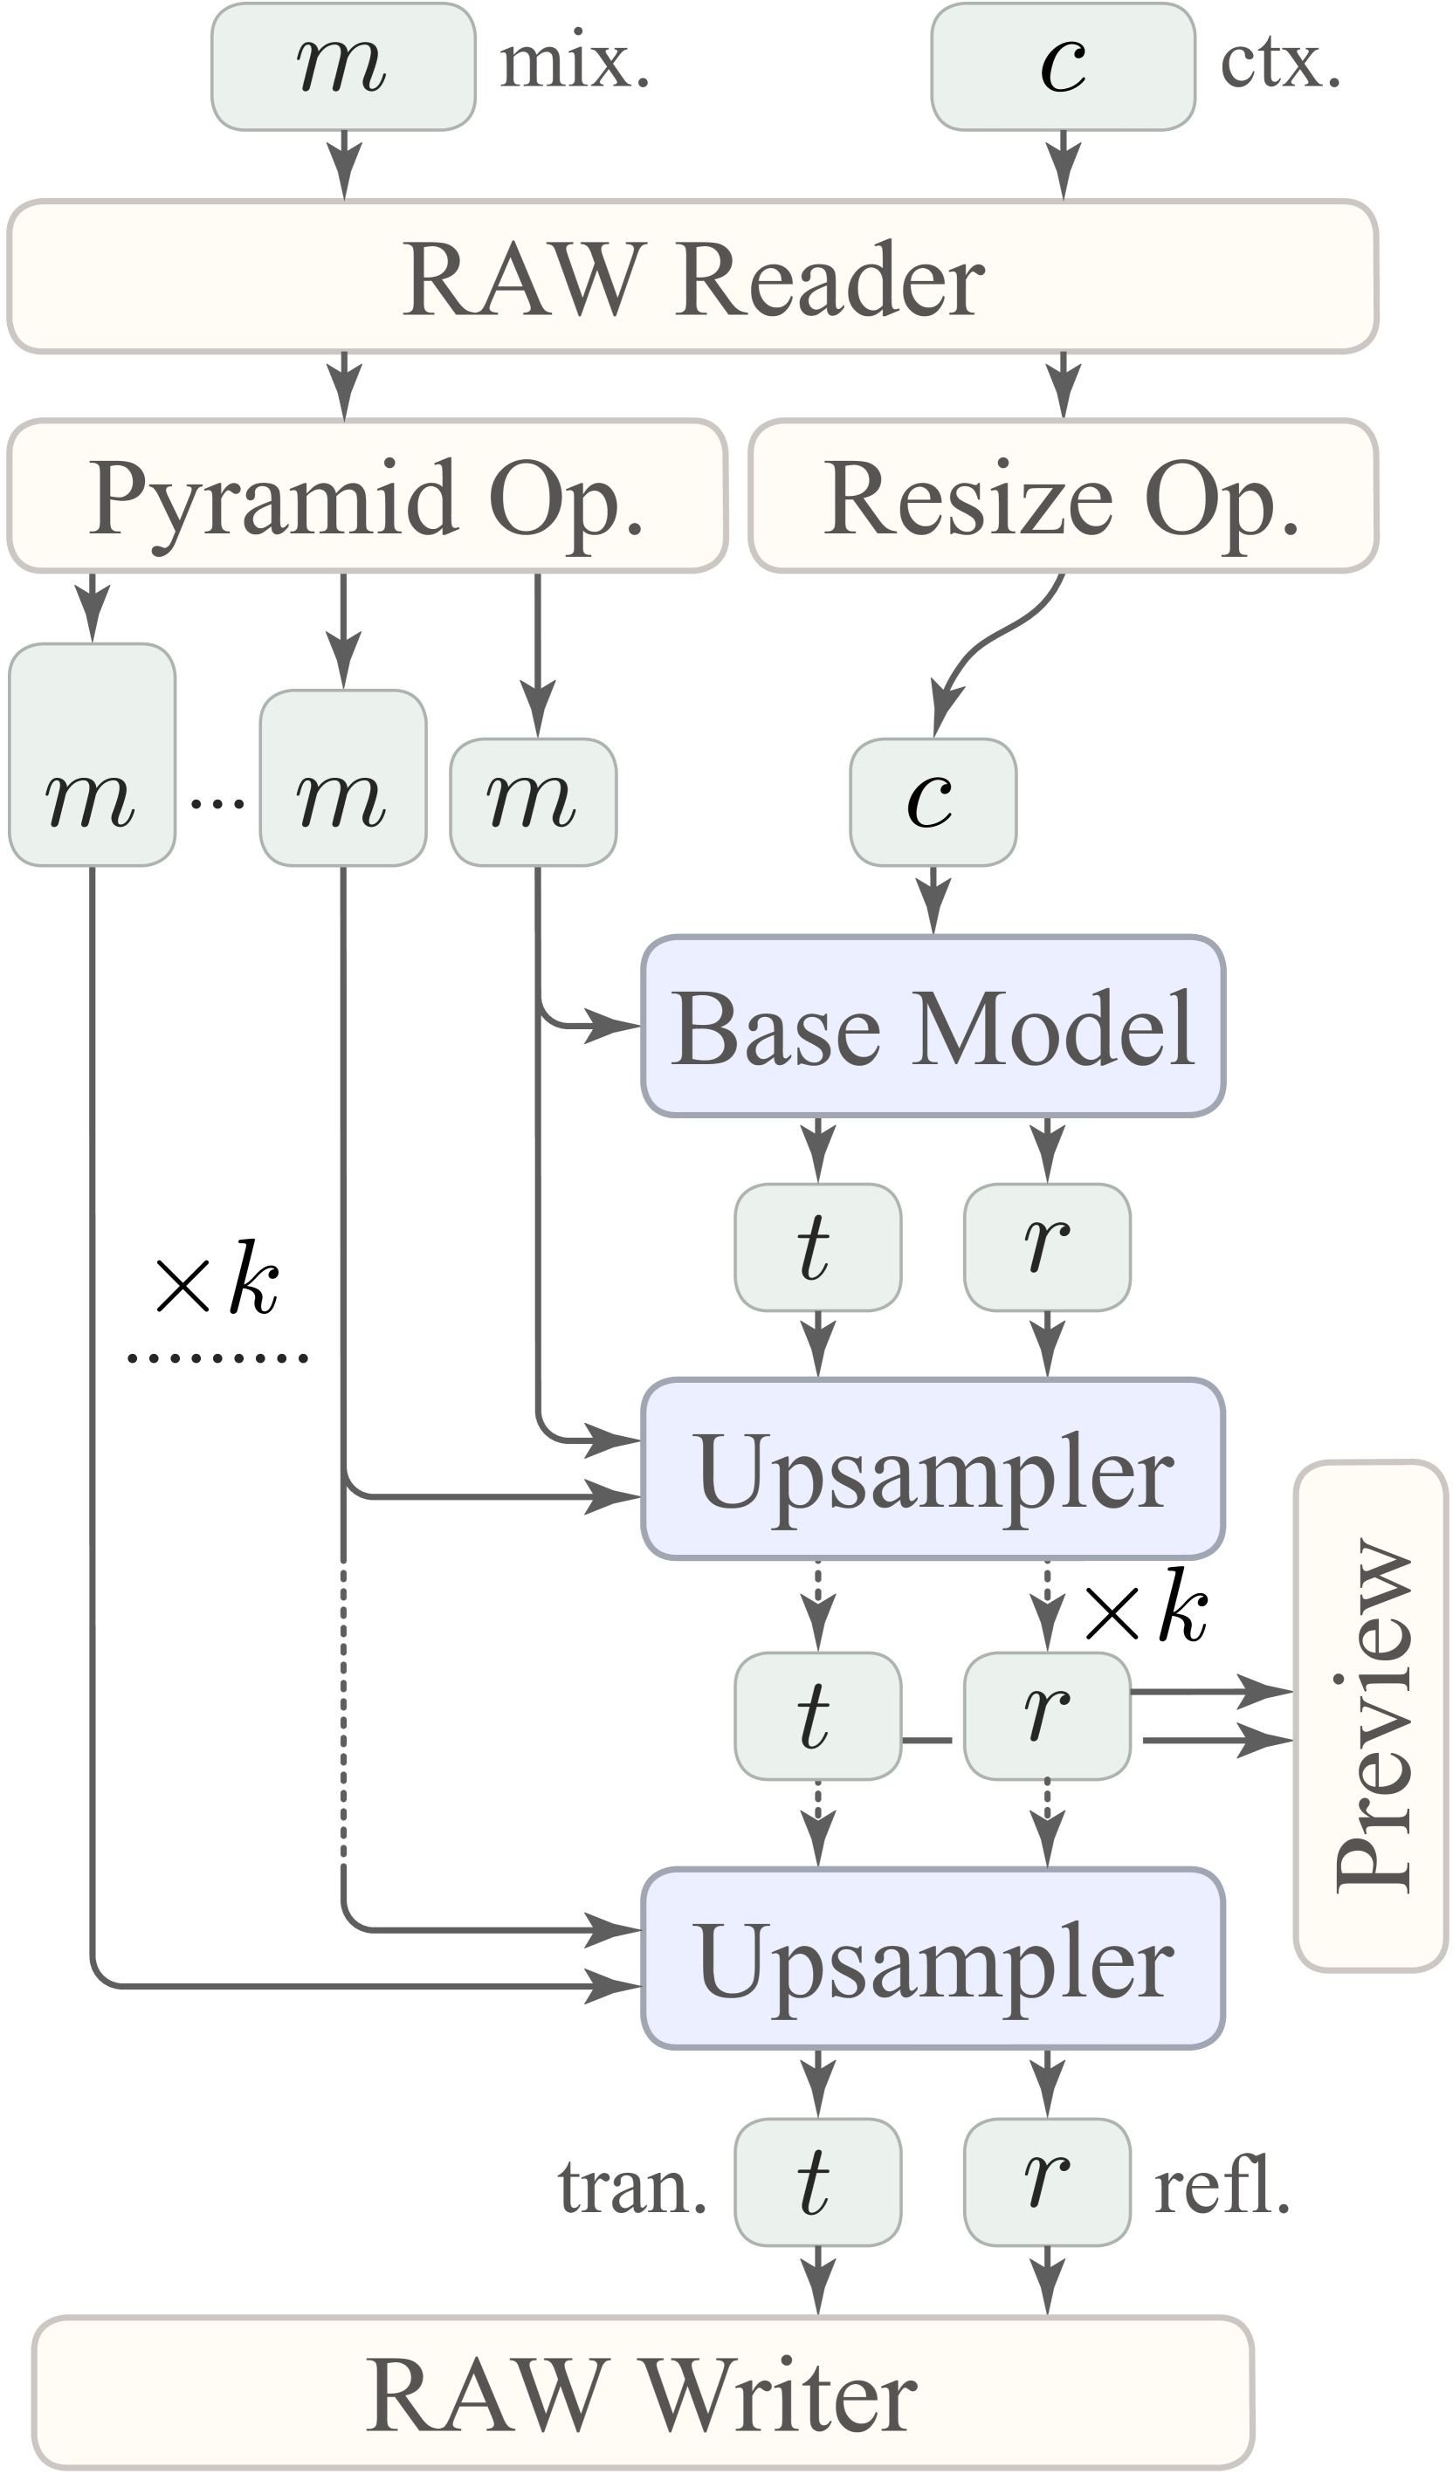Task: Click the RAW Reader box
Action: pyautogui.click(x=692, y=278)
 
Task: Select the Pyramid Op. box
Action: pyautogui.click(x=367, y=496)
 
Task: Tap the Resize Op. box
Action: pyautogui.click(x=1063, y=496)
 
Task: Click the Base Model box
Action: pyautogui.click(x=933, y=1027)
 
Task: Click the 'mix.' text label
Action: pyautogui.click(x=575, y=64)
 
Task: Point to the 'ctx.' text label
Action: pyautogui.click(x=1279, y=64)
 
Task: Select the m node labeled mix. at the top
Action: pyautogui.click(x=342, y=66)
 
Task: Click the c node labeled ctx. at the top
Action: pyautogui.click(x=1063, y=66)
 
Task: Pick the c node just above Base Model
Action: pyautogui.click(x=933, y=802)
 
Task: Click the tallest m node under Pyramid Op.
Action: pyautogui.click(x=93, y=755)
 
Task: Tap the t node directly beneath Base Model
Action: pyautogui.click(x=816, y=1247)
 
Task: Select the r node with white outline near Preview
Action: pyautogui.click(x=1047, y=1716)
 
